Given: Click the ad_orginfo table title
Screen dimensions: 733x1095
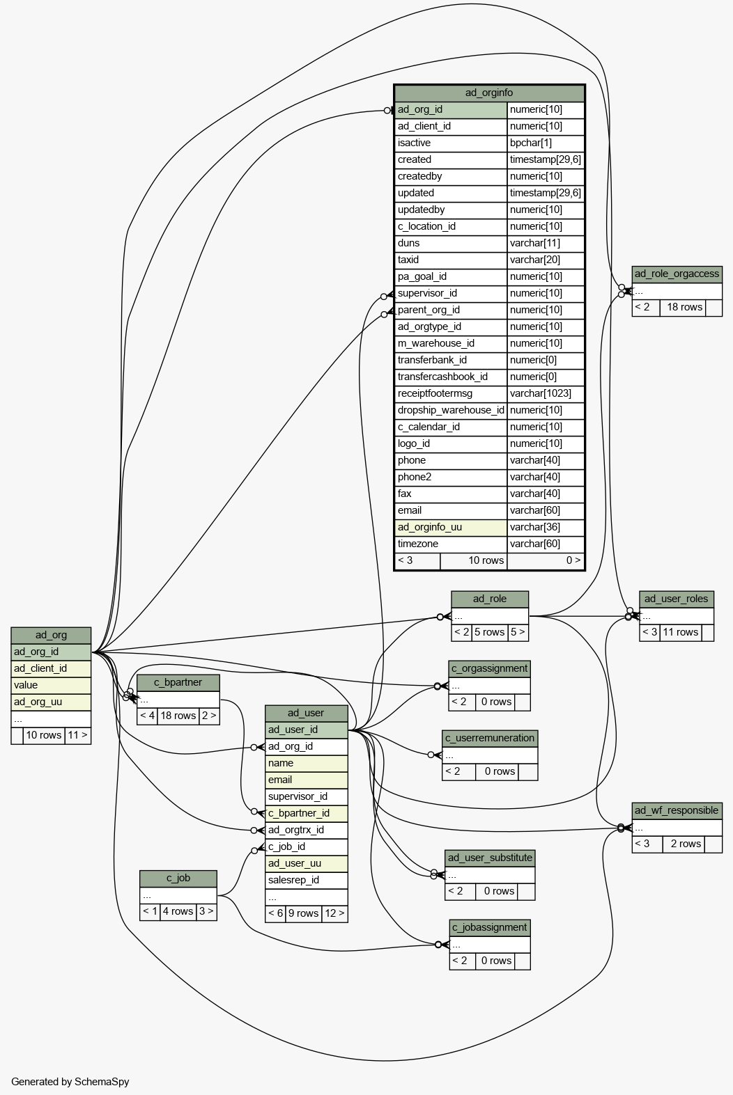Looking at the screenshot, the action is pyautogui.click(x=489, y=93).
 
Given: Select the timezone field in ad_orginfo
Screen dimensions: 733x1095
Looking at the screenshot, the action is pyautogui.click(x=451, y=544).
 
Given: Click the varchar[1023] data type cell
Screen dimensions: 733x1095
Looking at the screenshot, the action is pyautogui.click(x=546, y=393).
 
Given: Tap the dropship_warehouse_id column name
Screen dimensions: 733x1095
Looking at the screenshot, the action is pyautogui.click(x=451, y=410).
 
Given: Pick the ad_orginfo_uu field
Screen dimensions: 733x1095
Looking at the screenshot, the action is pyautogui.click(x=451, y=528).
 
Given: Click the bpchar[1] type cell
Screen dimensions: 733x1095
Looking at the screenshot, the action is pyautogui.click(x=546, y=143).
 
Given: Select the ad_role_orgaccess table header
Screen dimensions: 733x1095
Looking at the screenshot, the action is pyautogui.click(x=677, y=274).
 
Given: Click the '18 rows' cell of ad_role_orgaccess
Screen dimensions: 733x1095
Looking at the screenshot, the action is pyautogui.click(x=683, y=308).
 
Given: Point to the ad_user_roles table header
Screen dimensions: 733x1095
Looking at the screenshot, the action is pyautogui.click(x=677, y=599).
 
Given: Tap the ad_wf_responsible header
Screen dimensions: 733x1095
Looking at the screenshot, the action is pyautogui.click(x=677, y=811).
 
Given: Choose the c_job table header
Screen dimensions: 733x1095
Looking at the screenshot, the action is pyautogui.click(x=178, y=879).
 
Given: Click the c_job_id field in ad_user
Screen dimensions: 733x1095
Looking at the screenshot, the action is pyautogui.click(x=307, y=846).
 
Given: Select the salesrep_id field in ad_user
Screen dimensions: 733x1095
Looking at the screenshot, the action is pyautogui.click(x=307, y=880).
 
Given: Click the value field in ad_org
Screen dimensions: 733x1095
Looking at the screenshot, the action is pyautogui.click(x=51, y=686).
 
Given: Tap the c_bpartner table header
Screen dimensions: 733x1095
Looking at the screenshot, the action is pyautogui.click(x=178, y=683).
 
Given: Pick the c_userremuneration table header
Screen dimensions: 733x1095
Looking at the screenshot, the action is pyautogui.click(x=490, y=739).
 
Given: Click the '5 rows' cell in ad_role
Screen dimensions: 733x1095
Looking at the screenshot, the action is pyautogui.click(x=490, y=633).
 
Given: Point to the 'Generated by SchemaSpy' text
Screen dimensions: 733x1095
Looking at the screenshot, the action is pyautogui.click(x=70, y=1082).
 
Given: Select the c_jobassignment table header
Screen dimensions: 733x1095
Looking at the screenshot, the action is pyautogui.click(x=490, y=928).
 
